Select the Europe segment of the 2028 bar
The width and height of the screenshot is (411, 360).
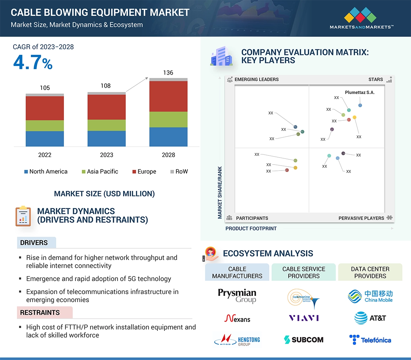(x=168, y=96)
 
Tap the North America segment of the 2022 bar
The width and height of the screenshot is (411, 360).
(x=45, y=139)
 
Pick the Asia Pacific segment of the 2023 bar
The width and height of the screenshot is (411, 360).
(x=106, y=125)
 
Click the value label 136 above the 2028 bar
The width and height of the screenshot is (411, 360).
(x=168, y=73)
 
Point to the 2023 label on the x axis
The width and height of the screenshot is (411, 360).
(x=106, y=155)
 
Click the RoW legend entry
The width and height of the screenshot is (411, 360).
(x=179, y=172)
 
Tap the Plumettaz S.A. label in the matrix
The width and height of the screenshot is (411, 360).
(x=360, y=93)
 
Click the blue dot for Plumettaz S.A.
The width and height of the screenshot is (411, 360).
(x=360, y=105)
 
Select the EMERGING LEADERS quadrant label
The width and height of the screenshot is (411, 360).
(x=256, y=79)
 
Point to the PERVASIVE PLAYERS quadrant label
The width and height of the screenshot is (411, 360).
(x=361, y=218)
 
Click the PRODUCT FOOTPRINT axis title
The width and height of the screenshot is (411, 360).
(x=251, y=228)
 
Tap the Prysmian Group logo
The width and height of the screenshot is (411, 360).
(x=237, y=295)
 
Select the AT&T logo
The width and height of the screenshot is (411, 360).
(x=370, y=318)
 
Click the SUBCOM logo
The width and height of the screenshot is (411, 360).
(x=304, y=340)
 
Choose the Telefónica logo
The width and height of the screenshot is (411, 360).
(x=370, y=340)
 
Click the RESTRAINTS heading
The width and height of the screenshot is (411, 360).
(x=40, y=313)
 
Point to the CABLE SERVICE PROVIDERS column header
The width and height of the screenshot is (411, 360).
(x=304, y=272)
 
